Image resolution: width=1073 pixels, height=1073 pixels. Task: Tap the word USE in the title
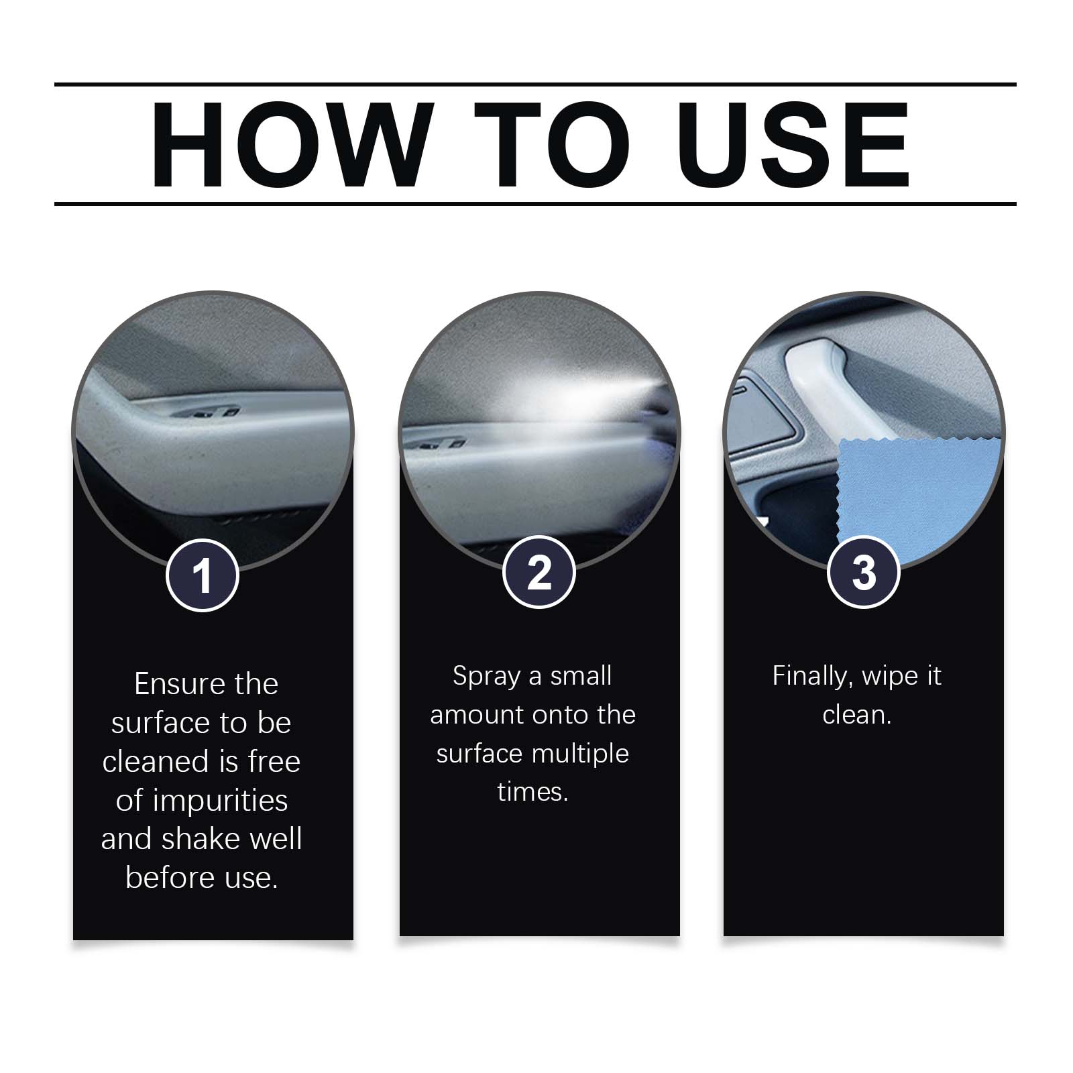point(799,144)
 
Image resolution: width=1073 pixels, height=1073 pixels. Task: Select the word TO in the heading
point(553,144)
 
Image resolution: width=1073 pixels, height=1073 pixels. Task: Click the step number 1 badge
point(203,575)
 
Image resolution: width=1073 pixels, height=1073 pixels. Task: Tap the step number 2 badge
point(539,573)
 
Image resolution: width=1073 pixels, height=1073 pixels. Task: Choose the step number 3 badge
point(864,573)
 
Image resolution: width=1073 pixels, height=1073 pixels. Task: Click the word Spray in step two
point(486,677)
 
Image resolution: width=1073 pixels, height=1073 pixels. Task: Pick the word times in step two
point(533,792)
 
